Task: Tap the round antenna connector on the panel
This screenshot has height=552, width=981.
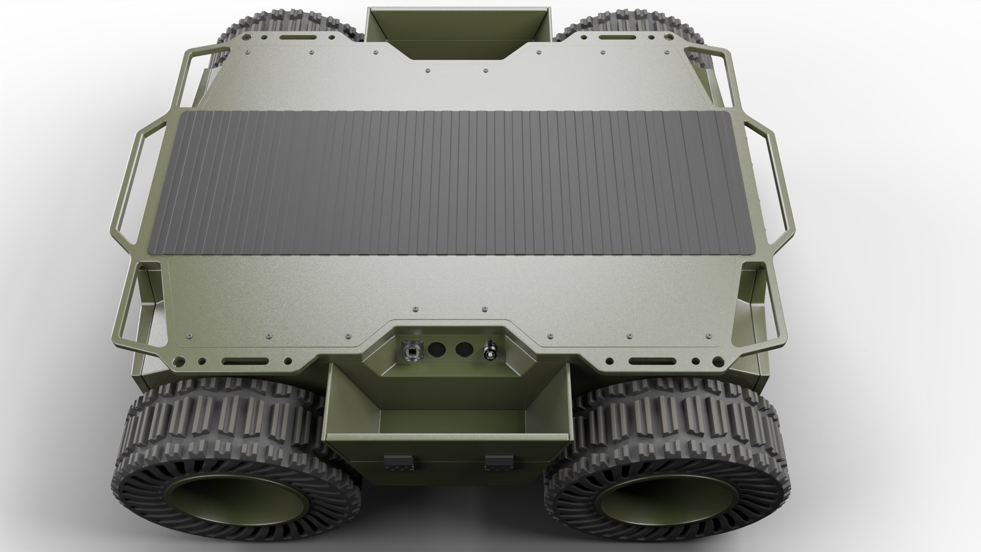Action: [489, 351]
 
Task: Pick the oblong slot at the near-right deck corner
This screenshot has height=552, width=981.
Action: [651, 362]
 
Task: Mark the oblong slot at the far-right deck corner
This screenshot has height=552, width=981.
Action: [613, 38]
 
